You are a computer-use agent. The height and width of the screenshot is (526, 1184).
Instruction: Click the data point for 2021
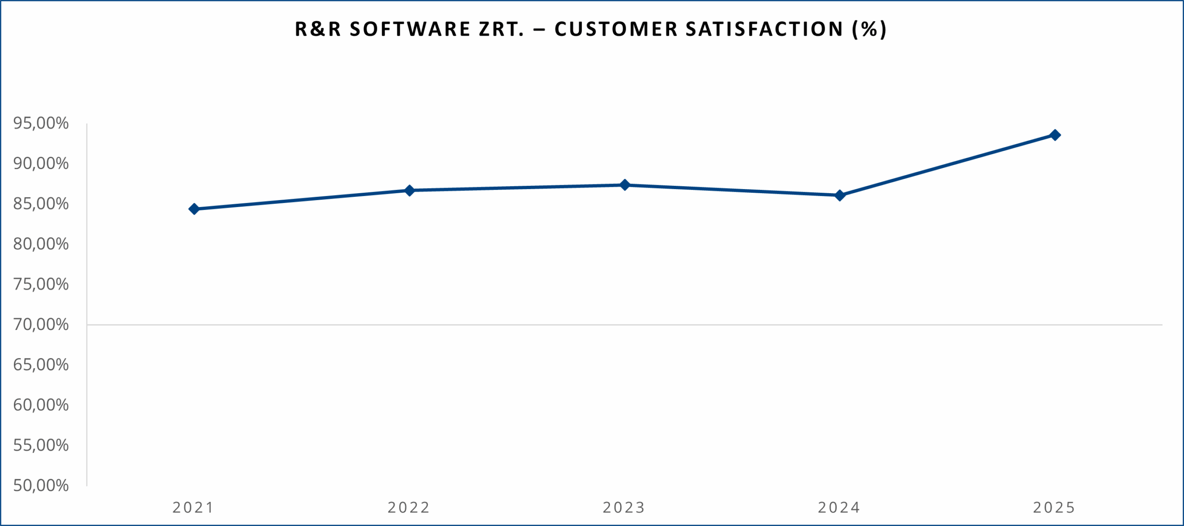(194, 209)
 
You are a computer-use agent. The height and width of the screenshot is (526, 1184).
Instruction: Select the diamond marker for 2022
(409, 190)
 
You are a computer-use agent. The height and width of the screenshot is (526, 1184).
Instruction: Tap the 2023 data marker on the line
(625, 185)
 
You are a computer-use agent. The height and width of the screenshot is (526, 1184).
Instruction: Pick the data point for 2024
(840, 196)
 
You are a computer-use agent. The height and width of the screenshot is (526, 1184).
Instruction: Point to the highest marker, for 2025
(1055, 135)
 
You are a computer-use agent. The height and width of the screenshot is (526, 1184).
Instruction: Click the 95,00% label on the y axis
(41, 123)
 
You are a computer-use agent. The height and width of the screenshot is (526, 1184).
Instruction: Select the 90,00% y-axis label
(41, 163)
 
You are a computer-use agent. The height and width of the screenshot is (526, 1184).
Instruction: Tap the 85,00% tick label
(41, 203)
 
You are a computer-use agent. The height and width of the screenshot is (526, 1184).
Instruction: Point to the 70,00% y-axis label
(41, 324)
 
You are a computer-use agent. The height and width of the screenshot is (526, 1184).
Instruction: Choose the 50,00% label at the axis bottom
(41, 485)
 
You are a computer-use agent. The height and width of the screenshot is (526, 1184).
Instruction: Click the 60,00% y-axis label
(41, 405)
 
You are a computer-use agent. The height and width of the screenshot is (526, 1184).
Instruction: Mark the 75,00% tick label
(41, 284)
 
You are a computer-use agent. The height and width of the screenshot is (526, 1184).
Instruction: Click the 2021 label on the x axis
(193, 508)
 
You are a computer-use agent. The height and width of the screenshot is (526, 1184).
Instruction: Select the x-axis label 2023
(624, 508)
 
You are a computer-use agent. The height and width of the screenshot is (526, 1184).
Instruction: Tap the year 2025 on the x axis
(1054, 508)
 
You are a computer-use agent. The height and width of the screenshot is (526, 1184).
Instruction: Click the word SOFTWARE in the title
(410, 29)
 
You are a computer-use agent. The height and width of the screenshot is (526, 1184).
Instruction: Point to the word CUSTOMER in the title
(616, 29)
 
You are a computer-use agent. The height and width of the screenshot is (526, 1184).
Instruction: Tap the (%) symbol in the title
(869, 29)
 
